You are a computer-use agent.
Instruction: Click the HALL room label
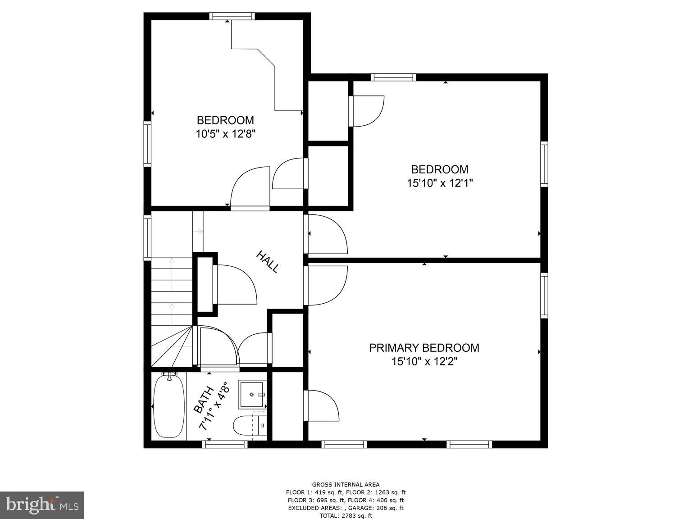(x=268, y=262)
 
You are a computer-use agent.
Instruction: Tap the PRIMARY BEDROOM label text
(x=423, y=348)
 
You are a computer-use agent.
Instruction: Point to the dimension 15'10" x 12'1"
(x=440, y=183)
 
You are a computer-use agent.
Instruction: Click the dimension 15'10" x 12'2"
(x=424, y=361)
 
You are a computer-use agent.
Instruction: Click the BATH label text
(x=203, y=400)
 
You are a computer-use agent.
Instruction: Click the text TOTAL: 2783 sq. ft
(x=346, y=515)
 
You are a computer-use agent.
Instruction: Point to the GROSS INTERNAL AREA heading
(x=346, y=485)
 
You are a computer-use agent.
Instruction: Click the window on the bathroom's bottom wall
(x=225, y=444)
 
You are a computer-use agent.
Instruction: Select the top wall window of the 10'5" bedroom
(x=232, y=17)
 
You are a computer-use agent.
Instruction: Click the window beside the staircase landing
(x=147, y=237)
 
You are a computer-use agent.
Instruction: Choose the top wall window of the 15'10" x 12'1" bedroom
(x=393, y=77)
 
